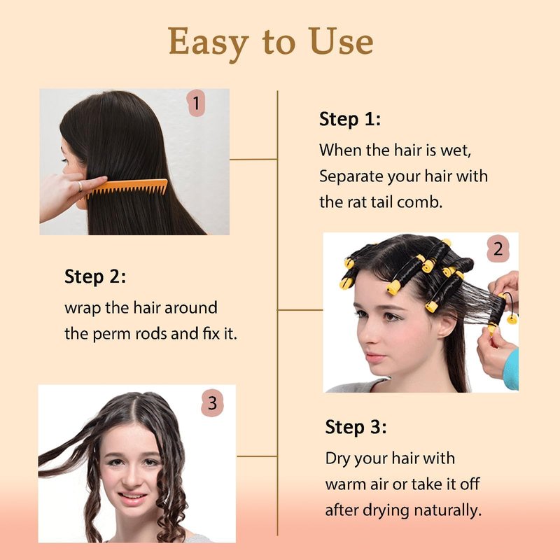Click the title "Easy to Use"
pyautogui.click(x=271, y=43)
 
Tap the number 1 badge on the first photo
pyautogui.click(x=196, y=103)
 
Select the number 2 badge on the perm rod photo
pyautogui.click(x=498, y=248)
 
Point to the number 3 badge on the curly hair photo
pyautogui.click(x=213, y=403)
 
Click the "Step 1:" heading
pyautogui.click(x=350, y=119)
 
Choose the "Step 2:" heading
pyautogui.click(x=95, y=276)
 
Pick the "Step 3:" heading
pyautogui.click(x=356, y=427)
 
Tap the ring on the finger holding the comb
pyautogui.click(x=80, y=186)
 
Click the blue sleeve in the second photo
pyautogui.click(x=512, y=370)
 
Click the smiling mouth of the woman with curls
pyautogui.click(x=132, y=497)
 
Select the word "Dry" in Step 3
pyautogui.click(x=338, y=459)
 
